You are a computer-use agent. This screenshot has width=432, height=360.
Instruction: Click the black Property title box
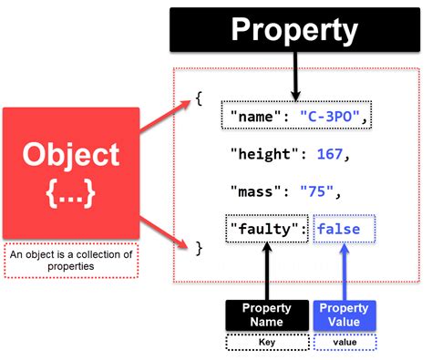293,32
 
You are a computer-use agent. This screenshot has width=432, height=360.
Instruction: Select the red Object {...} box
71,172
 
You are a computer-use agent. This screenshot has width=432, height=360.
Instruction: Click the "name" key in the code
258,116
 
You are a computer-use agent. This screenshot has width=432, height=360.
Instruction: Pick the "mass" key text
258,191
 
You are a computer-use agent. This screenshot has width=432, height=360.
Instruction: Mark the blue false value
344,229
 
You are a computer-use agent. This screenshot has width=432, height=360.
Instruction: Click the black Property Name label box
266,314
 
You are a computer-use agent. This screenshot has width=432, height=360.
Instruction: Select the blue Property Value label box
344,314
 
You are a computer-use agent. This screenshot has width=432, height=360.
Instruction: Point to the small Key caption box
266,342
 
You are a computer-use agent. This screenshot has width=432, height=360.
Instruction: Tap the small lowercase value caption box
344,342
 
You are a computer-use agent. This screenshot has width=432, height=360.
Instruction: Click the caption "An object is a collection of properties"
71,261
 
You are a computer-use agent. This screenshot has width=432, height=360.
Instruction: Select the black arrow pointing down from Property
293,77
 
